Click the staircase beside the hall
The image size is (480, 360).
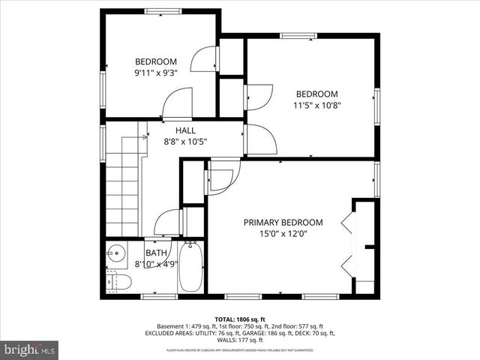coord(123,184)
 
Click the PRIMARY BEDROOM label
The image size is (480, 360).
coord(283,223)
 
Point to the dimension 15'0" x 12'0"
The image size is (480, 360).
coord(283,234)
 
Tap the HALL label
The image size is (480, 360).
coord(185,130)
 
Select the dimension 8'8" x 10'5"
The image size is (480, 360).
coord(185,141)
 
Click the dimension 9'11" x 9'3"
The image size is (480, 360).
coord(155,73)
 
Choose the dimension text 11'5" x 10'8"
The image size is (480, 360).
coord(316,105)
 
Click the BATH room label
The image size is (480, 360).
coord(156,253)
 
